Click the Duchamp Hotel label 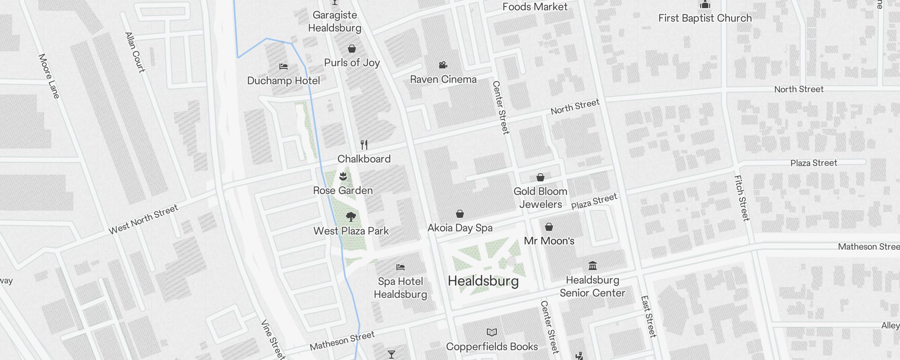[x=283, y=81]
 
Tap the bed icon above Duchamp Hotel [x=283, y=67]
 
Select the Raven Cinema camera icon [x=443, y=65]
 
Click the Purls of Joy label [x=352, y=63]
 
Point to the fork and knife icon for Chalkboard [x=364, y=145]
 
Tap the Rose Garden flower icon [x=343, y=176]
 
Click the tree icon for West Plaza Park [x=351, y=217]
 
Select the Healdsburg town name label [x=483, y=281]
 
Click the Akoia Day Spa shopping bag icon [x=460, y=213]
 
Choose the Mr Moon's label [x=549, y=241]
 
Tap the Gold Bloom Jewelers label [x=540, y=198]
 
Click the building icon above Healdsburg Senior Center [x=593, y=265]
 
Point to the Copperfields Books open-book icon [x=492, y=333]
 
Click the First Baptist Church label [x=705, y=18]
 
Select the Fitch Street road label [x=742, y=198]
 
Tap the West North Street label [x=144, y=220]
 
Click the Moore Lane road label [x=49, y=76]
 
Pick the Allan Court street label [x=135, y=52]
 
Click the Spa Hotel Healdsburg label [x=400, y=288]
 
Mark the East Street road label [x=648, y=316]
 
